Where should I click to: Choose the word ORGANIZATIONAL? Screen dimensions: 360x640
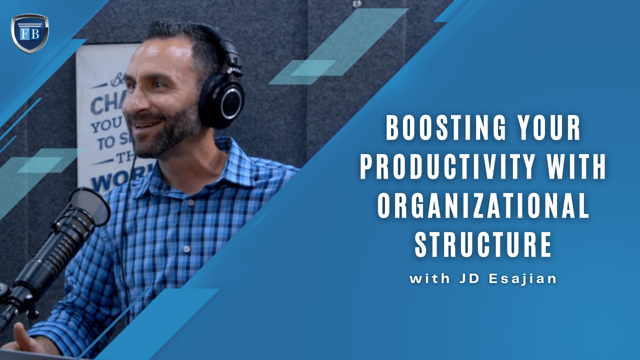click(483, 206)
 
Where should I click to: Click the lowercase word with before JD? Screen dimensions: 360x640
click(429, 279)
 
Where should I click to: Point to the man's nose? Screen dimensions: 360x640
click(131, 99)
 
